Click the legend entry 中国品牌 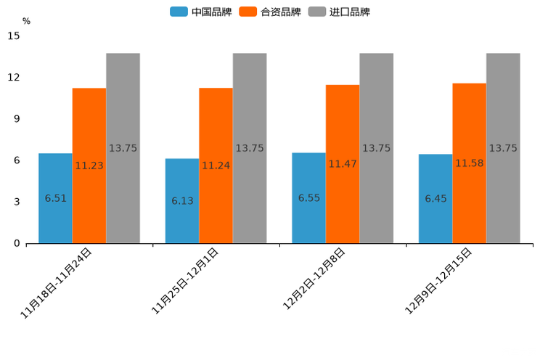(x=201, y=12)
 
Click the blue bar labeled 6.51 (x=55, y=197)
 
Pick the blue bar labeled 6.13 (x=182, y=200)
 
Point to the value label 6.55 (x=309, y=197)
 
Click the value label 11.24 (x=216, y=165)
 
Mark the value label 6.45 (x=435, y=198)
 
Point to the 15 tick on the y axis (x=15, y=36)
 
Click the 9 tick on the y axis (x=17, y=119)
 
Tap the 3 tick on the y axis (x=17, y=202)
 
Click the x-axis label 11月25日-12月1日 (x=184, y=281)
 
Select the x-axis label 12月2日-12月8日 (x=314, y=279)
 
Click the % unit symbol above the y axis (x=26, y=21)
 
